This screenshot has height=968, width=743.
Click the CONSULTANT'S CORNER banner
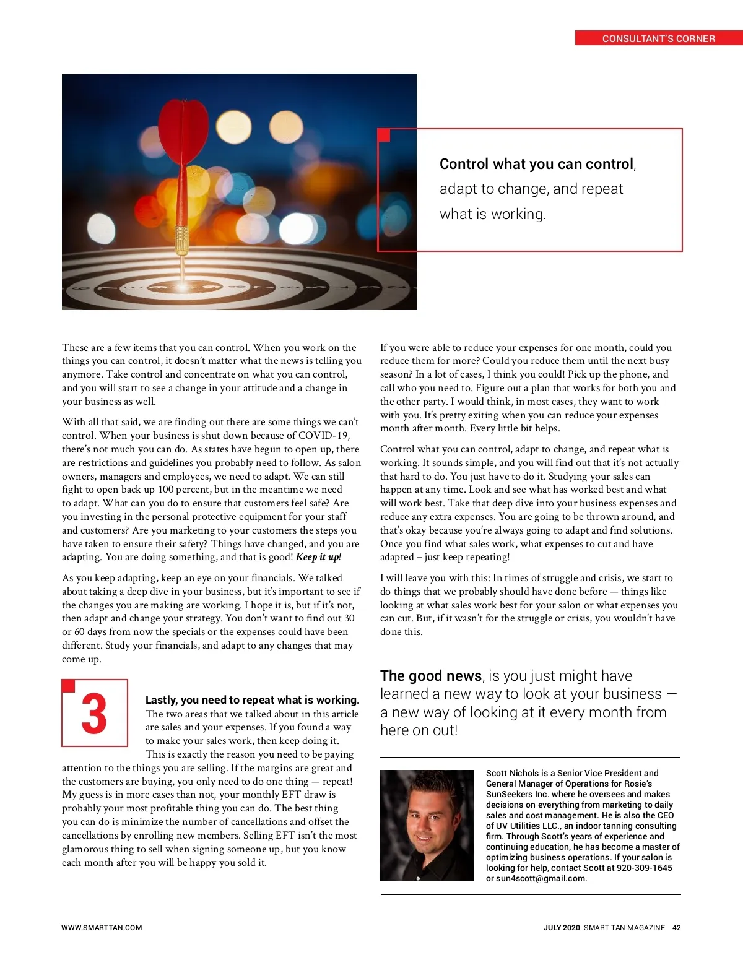[658, 38]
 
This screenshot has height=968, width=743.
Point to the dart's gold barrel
[181, 241]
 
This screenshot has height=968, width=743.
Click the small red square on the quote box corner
[384, 135]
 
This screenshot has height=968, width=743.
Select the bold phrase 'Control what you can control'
[536, 164]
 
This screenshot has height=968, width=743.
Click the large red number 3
[94, 714]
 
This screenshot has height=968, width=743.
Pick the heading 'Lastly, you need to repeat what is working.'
[252, 700]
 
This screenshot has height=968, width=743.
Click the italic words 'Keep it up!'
[318, 557]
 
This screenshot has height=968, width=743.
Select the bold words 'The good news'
[431, 676]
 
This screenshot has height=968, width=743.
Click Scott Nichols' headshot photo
[427, 825]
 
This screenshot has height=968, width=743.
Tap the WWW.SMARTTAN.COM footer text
[102, 928]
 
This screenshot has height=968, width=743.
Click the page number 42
[676, 928]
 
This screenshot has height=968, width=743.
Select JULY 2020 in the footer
[562, 928]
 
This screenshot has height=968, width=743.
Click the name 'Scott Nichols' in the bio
[511, 773]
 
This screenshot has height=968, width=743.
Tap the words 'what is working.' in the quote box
[492, 214]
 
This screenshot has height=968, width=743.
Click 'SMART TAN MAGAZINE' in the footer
[624, 928]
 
